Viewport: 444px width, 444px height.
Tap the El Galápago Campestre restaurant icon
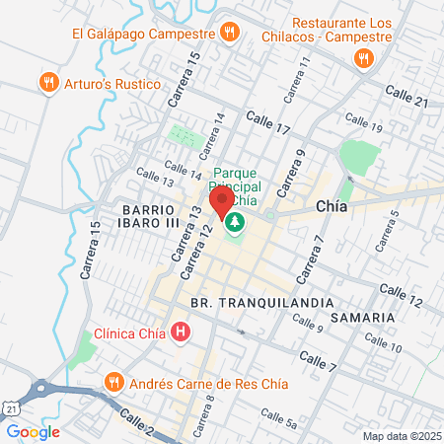click(229, 33)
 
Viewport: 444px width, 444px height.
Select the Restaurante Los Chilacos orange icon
click(363, 58)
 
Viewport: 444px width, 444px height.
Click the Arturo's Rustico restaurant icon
click(46, 84)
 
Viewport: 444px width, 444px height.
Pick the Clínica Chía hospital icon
click(179, 333)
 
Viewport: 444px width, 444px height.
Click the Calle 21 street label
click(406, 97)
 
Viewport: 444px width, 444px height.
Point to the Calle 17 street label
click(268, 122)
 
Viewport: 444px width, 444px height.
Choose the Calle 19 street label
click(363, 125)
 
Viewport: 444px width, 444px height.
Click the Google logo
click(33, 431)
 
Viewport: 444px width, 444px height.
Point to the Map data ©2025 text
click(400, 435)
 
